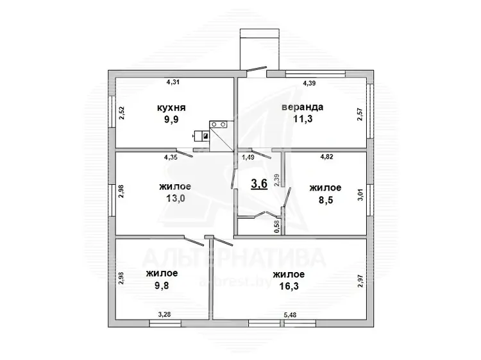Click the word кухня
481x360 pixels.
[x=171, y=108]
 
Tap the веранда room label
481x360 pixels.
[x=303, y=107]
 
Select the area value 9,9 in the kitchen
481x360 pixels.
[x=171, y=119]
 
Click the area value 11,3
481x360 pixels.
[x=303, y=119]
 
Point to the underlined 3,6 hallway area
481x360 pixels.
[x=259, y=184]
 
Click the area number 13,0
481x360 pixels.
[x=175, y=198]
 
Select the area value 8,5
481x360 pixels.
[x=325, y=200]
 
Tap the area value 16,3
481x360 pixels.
[x=289, y=286]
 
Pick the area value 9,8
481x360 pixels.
[x=162, y=286]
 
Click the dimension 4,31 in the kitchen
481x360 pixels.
[x=173, y=82]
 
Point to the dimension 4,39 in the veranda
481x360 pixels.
[x=310, y=83]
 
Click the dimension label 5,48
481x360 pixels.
[x=290, y=315]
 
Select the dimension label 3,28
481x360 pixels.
[x=164, y=314]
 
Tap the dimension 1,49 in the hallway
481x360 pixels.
[x=248, y=157]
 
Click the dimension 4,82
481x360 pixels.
[x=326, y=157]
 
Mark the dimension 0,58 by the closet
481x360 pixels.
[x=278, y=227]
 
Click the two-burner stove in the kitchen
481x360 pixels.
[x=218, y=124]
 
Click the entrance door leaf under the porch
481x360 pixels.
[x=257, y=69]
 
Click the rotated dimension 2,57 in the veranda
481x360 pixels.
[x=360, y=114]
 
